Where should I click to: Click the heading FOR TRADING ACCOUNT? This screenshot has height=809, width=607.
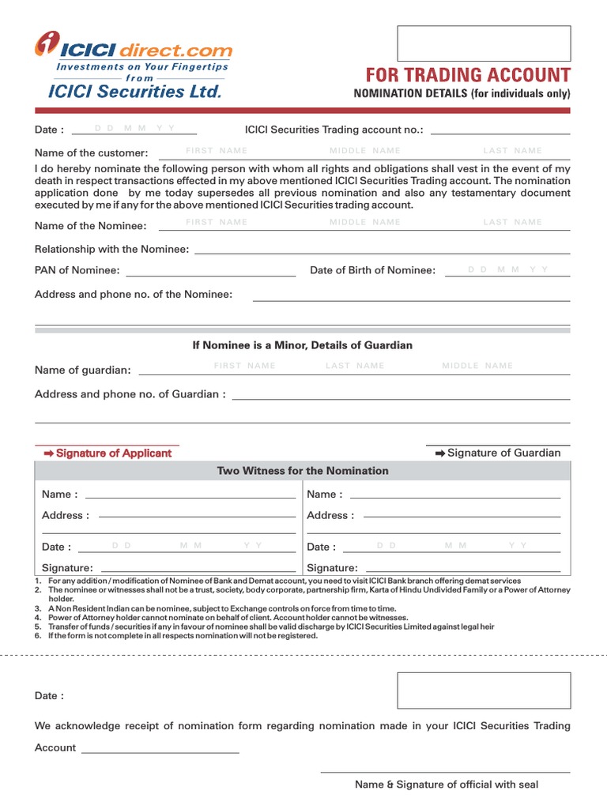pyautogui.click(x=467, y=75)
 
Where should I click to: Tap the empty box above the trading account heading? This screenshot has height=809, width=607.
pyautogui.click(x=483, y=43)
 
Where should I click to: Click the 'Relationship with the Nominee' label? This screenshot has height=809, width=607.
pyautogui.click(x=111, y=249)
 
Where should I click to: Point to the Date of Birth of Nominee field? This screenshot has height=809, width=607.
pyautogui.click(x=507, y=271)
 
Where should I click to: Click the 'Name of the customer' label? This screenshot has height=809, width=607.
pyautogui.click(x=91, y=152)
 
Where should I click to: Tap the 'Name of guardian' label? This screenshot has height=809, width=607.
pyautogui.click(x=83, y=370)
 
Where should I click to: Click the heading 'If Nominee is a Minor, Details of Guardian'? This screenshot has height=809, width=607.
pyautogui.click(x=303, y=345)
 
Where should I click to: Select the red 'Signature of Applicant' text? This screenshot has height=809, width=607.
pyautogui.click(x=107, y=453)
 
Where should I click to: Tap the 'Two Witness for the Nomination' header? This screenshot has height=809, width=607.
pyautogui.click(x=303, y=471)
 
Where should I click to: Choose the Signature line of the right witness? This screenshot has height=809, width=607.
pyautogui.click(x=464, y=568)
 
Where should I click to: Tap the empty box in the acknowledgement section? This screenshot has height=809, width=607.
pyautogui.click(x=483, y=690)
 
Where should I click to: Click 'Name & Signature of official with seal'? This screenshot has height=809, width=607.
pyautogui.click(x=446, y=785)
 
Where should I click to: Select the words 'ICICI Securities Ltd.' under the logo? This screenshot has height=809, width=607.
pyautogui.click(x=135, y=92)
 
